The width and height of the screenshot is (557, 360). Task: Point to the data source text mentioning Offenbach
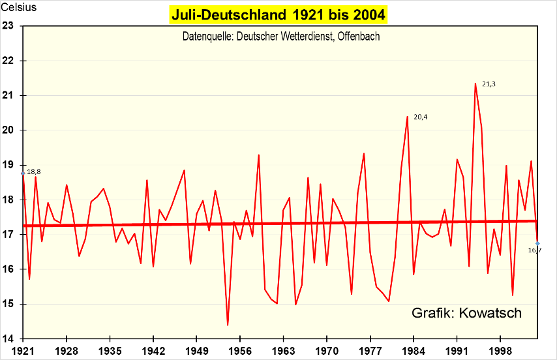(281, 37)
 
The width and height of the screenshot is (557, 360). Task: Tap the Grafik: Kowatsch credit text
(466, 313)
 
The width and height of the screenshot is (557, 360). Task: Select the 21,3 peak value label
(489, 84)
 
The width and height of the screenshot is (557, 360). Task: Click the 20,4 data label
(421, 117)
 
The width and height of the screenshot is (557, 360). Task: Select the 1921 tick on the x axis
(23, 350)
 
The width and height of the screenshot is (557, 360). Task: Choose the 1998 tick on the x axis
(500, 350)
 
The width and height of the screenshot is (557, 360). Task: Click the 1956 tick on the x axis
(240, 350)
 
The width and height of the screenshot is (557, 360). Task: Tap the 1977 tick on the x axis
(370, 350)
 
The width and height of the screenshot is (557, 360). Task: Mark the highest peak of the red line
(475, 83)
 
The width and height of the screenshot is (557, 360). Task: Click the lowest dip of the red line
(228, 325)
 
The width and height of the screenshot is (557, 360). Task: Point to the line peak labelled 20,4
(407, 117)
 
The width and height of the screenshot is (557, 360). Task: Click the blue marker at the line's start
(23, 173)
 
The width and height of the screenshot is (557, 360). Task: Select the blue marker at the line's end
(537, 243)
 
